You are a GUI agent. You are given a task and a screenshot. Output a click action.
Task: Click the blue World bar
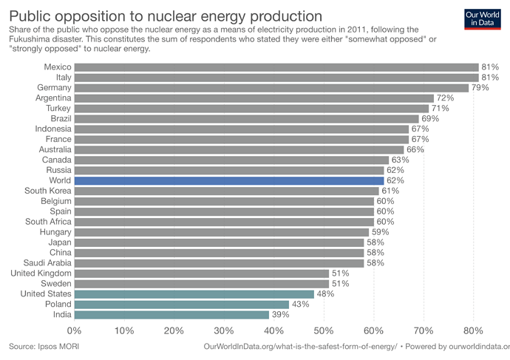click(x=229, y=180)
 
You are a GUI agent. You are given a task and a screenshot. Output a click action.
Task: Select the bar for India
click(x=171, y=314)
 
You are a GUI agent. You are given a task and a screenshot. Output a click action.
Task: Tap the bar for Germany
click(x=271, y=88)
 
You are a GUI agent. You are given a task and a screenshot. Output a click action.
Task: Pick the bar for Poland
click(x=182, y=304)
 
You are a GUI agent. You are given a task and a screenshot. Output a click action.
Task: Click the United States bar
click(x=194, y=293)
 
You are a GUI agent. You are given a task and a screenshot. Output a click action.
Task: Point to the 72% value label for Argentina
click(x=445, y=98)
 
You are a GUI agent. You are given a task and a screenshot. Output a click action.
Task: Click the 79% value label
click(x=480, y=88)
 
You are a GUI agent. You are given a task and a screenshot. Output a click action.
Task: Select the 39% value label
click(x=280, y=314)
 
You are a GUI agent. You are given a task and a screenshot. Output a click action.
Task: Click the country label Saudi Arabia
click(x=48, y=262)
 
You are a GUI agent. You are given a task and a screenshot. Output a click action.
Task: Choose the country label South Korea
click(x=48, y=190)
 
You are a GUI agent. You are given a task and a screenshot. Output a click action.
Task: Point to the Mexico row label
click(x=57, y=67)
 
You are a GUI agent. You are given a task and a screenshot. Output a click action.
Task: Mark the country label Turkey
click(x=58, y=109)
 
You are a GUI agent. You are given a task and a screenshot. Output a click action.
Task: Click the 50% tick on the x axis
click(x=324, y=330)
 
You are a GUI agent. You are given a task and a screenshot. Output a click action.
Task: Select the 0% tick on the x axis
click(x=75, y=330)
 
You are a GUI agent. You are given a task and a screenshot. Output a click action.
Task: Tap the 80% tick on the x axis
click(x=473, y=330)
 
